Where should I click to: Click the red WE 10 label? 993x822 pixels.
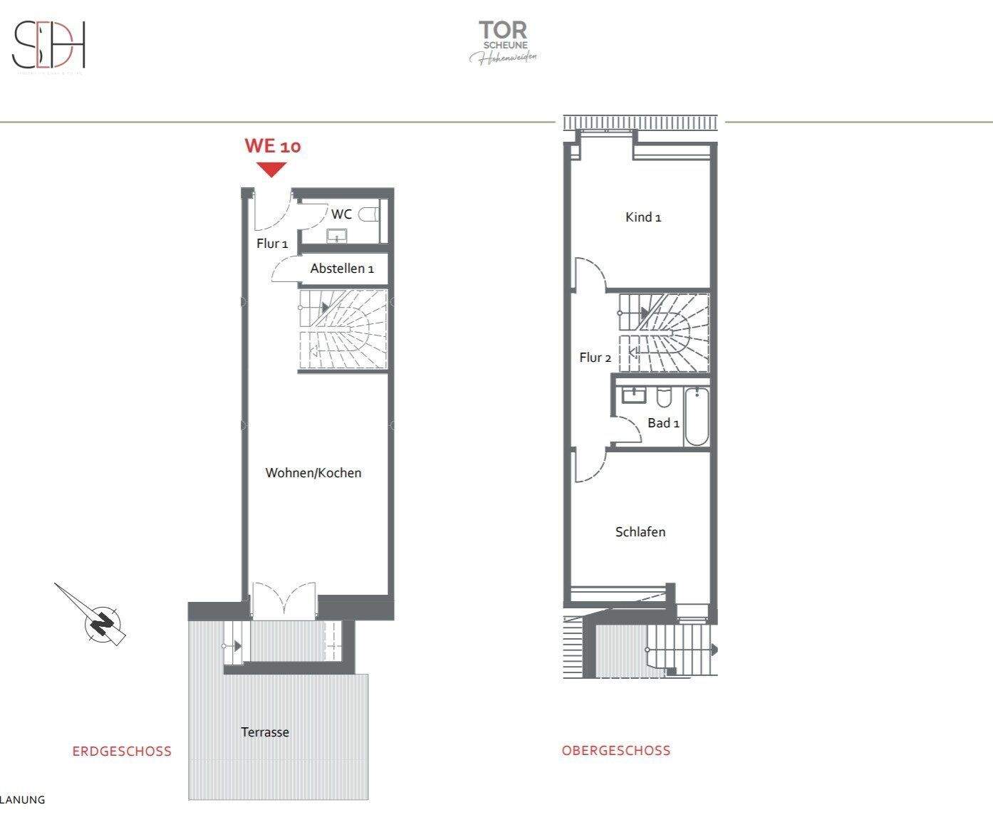pos(273,146)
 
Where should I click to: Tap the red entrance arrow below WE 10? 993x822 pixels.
pos(271,170)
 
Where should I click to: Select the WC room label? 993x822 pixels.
pos(341,214)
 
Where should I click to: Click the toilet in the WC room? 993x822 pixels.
pos(369,214)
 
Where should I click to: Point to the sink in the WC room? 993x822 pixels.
pos(336,236)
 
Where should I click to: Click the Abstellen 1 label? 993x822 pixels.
pos(342,269)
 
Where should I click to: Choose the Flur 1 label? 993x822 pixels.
pos(272,244)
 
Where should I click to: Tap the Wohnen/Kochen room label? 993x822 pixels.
pos(313,473)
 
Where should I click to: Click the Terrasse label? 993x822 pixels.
pos(265,732)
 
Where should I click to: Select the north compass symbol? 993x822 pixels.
pos(102,622)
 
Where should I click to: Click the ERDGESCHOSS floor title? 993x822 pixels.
pos(122,751)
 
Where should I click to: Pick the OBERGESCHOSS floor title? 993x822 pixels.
pos(616,750)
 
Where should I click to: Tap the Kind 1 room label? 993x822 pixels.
pos(643,217)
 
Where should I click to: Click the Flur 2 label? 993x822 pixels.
pos(596,358)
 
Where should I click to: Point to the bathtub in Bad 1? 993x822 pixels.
pos(697,417)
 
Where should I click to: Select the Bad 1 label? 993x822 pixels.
pos(663,423)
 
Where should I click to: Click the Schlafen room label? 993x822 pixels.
pos(640,532)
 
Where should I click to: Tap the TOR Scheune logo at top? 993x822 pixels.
pos(503,42)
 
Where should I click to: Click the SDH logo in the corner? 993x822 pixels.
pos(49,46)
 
